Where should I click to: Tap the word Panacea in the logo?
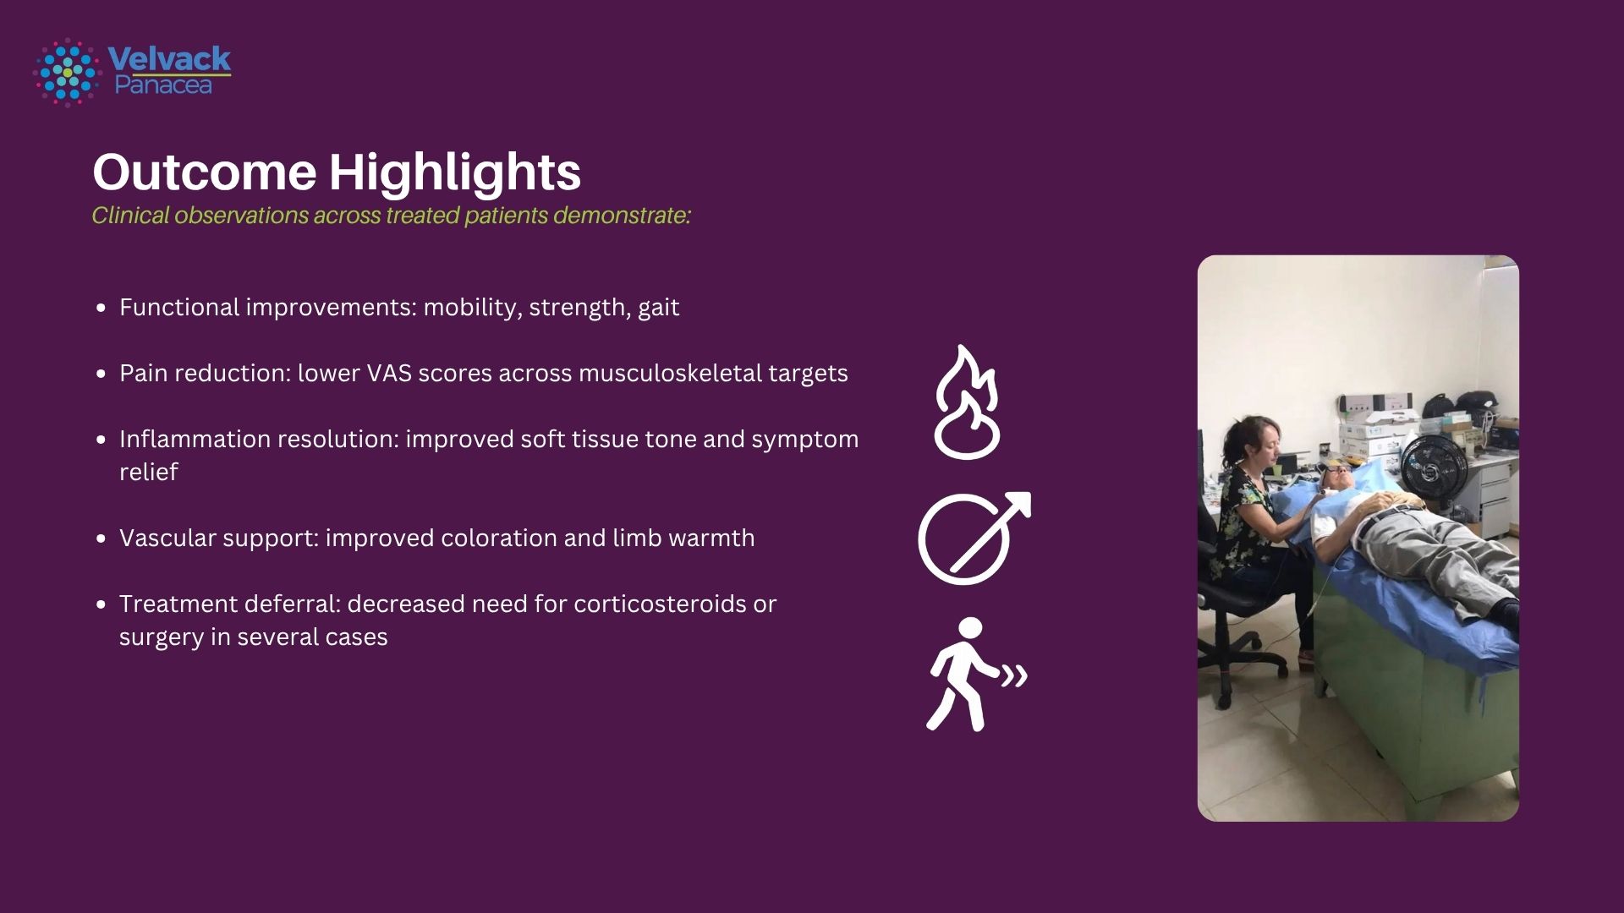point(163,85)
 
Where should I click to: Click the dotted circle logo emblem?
point(67,72)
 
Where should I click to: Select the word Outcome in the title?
point(206,172)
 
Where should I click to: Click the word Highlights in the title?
point(455,172)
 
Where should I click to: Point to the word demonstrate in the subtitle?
point(622,216)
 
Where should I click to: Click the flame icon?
point(968,402)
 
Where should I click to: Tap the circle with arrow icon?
point(974,538)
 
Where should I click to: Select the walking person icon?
point(974,675)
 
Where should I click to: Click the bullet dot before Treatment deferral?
point(101,605)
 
